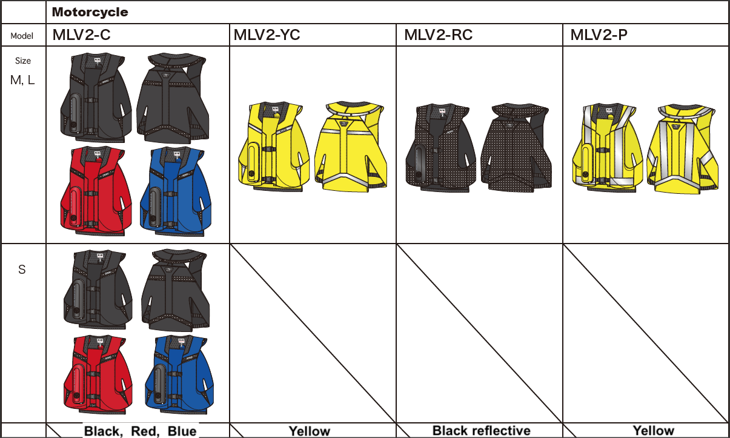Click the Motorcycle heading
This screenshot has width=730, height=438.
pyautogui.click(x=90, y=12)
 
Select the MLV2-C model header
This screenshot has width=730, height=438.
pyautogui.click(x=81, y=35)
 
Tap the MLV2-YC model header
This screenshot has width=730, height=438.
pyautogui.click(x=267, y=35)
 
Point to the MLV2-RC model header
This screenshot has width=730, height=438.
pyautogui.click(x=438, y=35)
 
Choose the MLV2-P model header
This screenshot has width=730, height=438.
pyautogui.click(x=599, y=35)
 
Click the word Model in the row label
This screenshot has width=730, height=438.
pyautogui.click(x=22, y=36)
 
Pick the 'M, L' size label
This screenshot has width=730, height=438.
pyautogui.click(x=22, y=79)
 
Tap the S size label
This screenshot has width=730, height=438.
pyautogui.click(x=22, y=270)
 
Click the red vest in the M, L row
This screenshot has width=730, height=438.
pyautogui.click(x=96, y=191)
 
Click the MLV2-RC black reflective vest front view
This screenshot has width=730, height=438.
pyautogui.click(x=440, y=146)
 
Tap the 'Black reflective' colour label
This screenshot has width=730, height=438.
pyautogui.click(x=481, y=431)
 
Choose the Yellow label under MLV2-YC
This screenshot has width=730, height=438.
pyautogui.click(x=309, y=431)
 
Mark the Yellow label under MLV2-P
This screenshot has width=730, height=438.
pyautogui.click(x=653, y=431)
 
